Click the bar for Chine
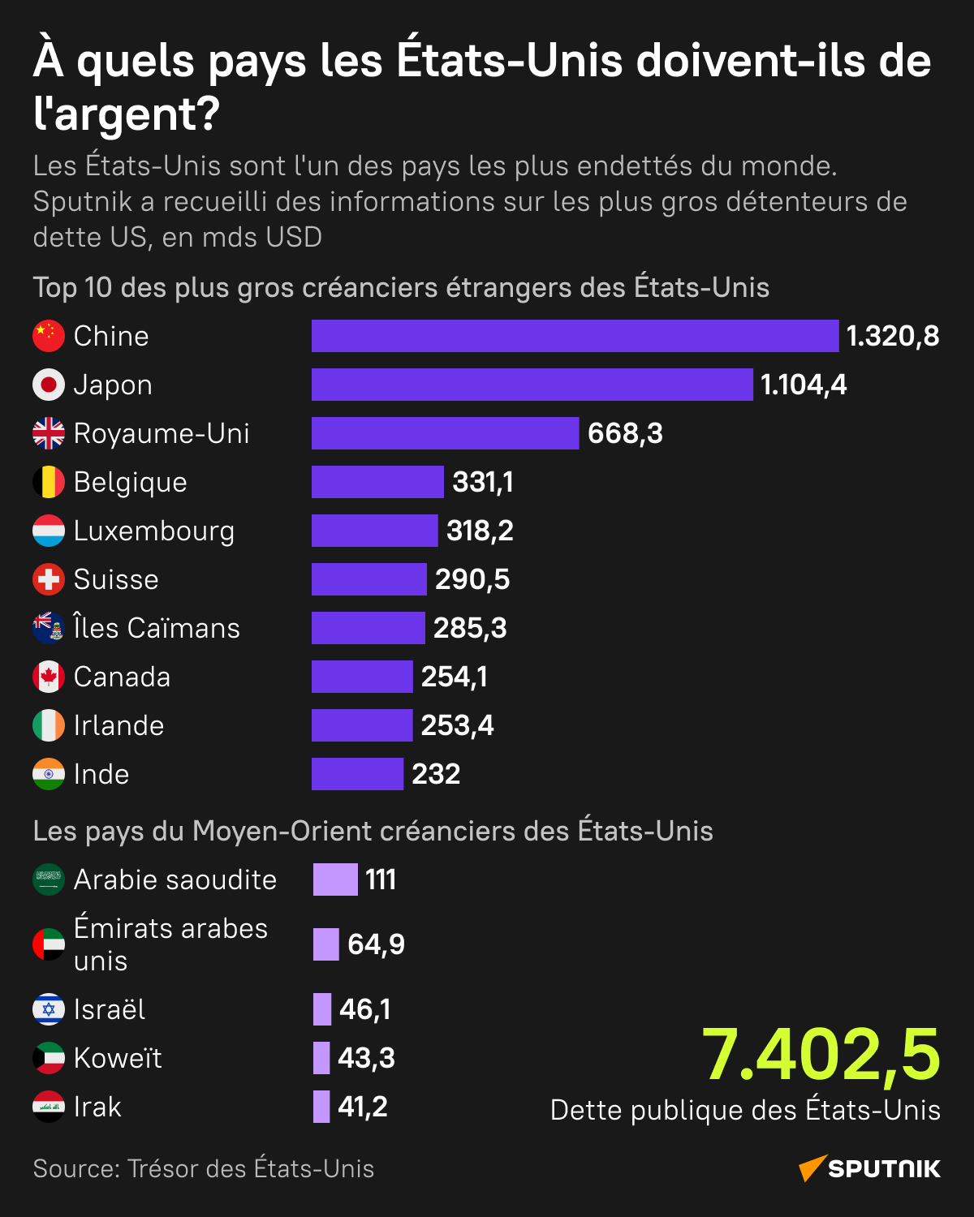tap(575, 336)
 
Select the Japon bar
tap(532, 385)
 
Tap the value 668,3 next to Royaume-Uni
tap(625, 434)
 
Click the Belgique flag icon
tap(49, 482)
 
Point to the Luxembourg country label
tap(154, 531)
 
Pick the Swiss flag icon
tap(49, 579)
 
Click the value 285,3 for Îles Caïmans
tap(470, 628)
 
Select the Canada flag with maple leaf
tap(49, 677)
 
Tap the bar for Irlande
tap(362, 725)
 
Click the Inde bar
tap(357, 774)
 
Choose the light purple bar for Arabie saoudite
tap(335, 879)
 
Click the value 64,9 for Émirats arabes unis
tap(376, 944)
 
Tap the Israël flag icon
tap(49, 1009)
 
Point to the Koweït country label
tap(118, 1058)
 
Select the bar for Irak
tap(321, 1107)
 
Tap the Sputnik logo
tap(869, 1168)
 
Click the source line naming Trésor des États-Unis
tap(204, 1168)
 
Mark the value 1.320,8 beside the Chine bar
tap(893, 336)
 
